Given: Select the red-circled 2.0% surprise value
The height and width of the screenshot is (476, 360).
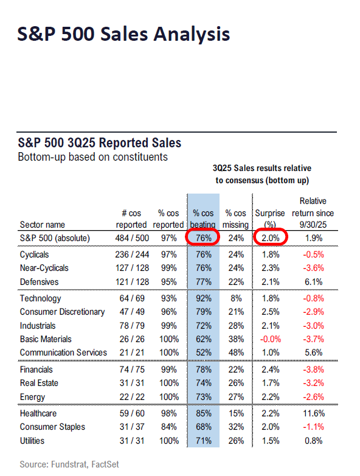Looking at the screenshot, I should coord(268,238).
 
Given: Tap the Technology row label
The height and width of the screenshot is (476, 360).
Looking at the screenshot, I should coord(40,298).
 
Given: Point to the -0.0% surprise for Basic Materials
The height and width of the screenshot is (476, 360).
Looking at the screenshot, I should coord(268,339).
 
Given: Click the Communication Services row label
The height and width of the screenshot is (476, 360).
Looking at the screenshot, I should coord(63,352).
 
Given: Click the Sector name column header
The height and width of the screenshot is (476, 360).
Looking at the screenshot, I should coord(43,224).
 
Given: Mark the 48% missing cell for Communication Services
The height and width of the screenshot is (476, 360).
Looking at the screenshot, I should coord(236,352).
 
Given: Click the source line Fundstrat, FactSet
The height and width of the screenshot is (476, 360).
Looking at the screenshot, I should coord(69,464).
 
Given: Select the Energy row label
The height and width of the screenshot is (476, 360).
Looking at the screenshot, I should coord(32,397).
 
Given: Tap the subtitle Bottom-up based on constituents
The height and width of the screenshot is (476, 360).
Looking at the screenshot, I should coord(93,157).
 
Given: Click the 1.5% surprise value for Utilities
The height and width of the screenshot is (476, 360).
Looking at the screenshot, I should coord(268,441).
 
